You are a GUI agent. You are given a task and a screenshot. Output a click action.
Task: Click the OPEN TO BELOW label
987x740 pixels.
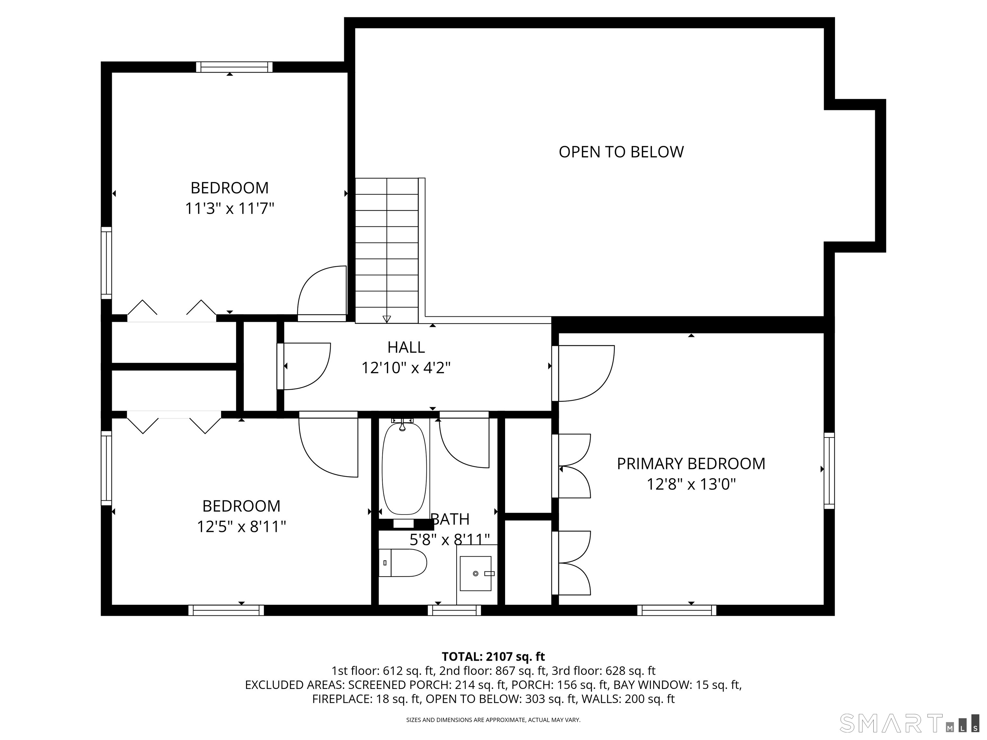[x=621, y=152]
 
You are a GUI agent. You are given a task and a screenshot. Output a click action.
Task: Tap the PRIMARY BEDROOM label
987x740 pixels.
[x=691, y=464]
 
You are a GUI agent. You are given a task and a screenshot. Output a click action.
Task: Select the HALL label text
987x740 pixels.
[x=406, y=347]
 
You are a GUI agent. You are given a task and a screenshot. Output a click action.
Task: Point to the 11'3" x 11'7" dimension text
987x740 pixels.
[x=229, y=208]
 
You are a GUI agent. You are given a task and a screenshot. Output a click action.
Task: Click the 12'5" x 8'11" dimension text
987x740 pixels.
[x=241, y=527]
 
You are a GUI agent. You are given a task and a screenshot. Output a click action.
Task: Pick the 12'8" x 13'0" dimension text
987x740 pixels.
[x=691, y=484]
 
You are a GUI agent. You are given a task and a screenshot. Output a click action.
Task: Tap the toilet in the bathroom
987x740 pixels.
[x=403, y=563]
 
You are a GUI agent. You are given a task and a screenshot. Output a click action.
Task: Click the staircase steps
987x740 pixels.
[x=387, y=250]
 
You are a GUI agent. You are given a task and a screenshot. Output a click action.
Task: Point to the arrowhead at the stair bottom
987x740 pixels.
[x=387, y=319]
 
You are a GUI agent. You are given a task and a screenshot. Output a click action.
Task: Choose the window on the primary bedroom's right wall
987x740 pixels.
[x=829, y=471]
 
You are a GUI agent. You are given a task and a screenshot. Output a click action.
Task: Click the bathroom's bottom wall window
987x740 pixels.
[x=454, y=610]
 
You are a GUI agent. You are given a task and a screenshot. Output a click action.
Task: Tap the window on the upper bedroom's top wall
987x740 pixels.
[x=234, y=67]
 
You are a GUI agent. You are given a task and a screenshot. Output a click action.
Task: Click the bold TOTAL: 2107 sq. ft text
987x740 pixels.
[x=493, y=656]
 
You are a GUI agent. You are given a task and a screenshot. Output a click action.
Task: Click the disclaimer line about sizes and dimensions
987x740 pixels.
[x=493, y=720]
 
